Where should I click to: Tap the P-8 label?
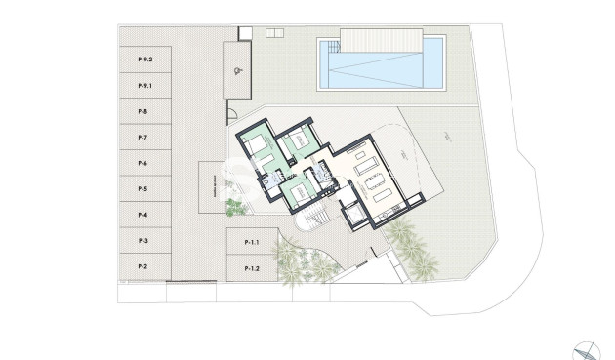click(143, 112)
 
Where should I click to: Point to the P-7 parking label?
click(143, 138)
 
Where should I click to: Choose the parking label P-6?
click(143, 163)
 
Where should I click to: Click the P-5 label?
click(143, 188)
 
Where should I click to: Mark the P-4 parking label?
click(143, 215)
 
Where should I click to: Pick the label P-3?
click(143, 240)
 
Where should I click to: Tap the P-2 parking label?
click(143, 265)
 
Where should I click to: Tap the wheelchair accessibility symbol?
click(238, 70)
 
